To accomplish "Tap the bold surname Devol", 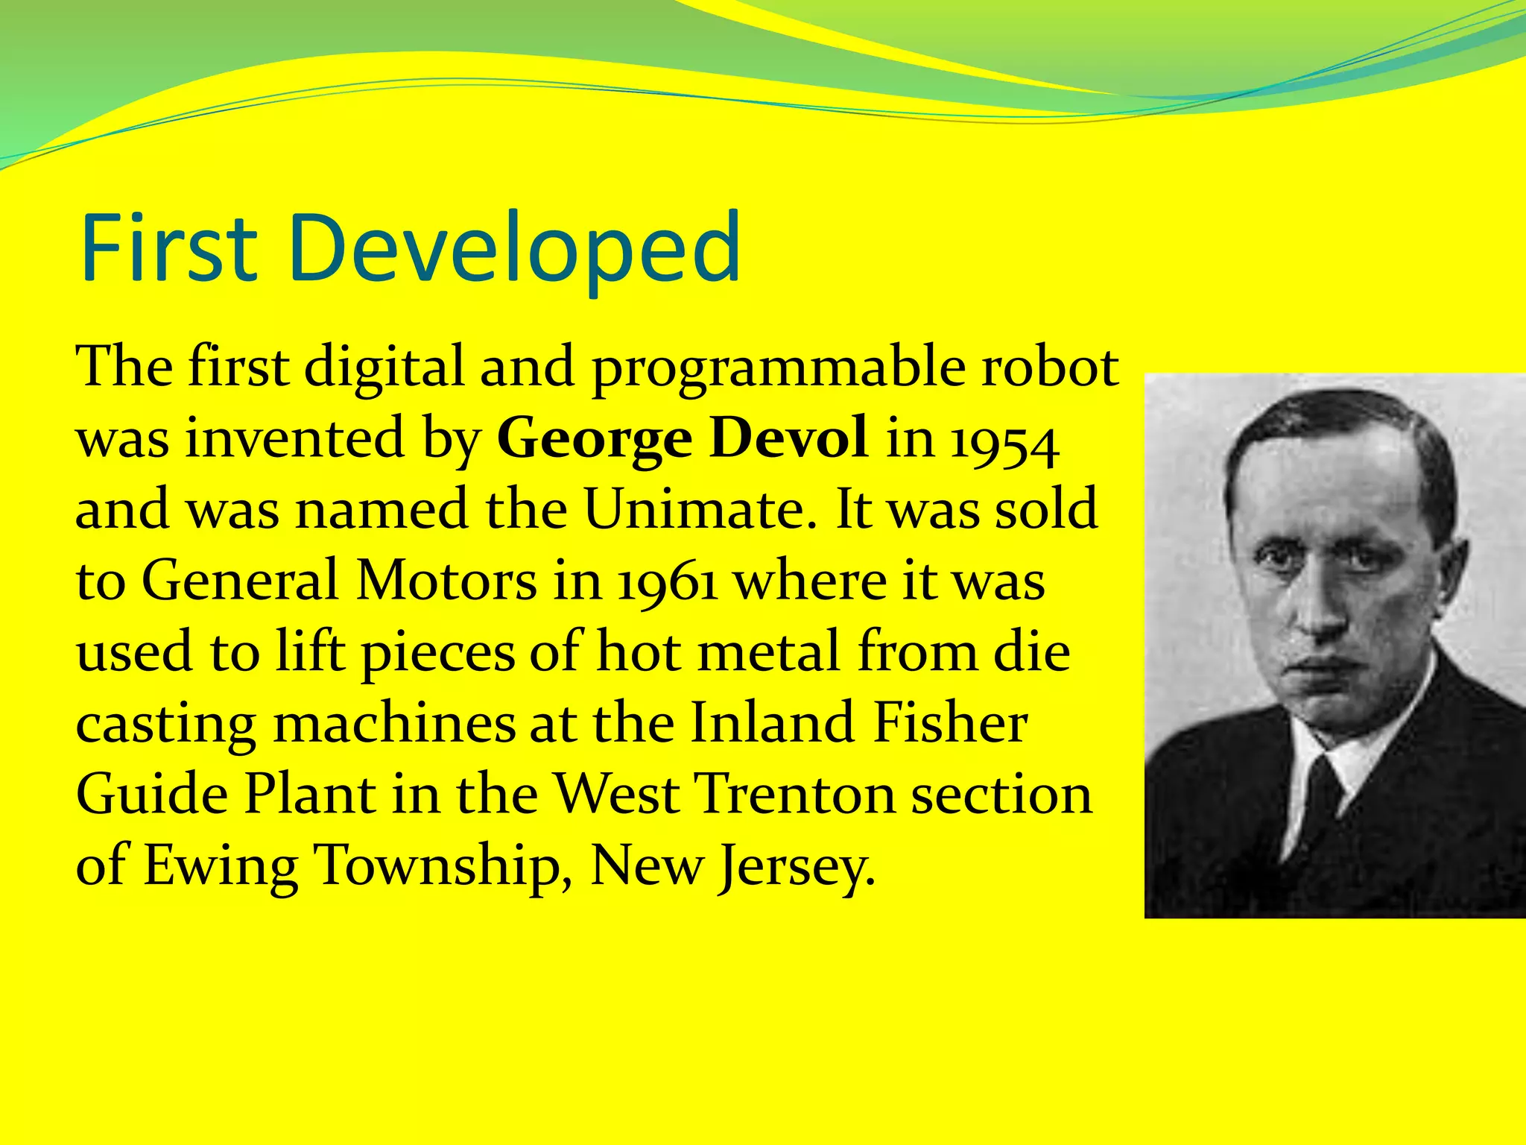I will pyautogui.click(x=788, y=438).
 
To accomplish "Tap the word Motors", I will pyautogui.click(x=446, y=581).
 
